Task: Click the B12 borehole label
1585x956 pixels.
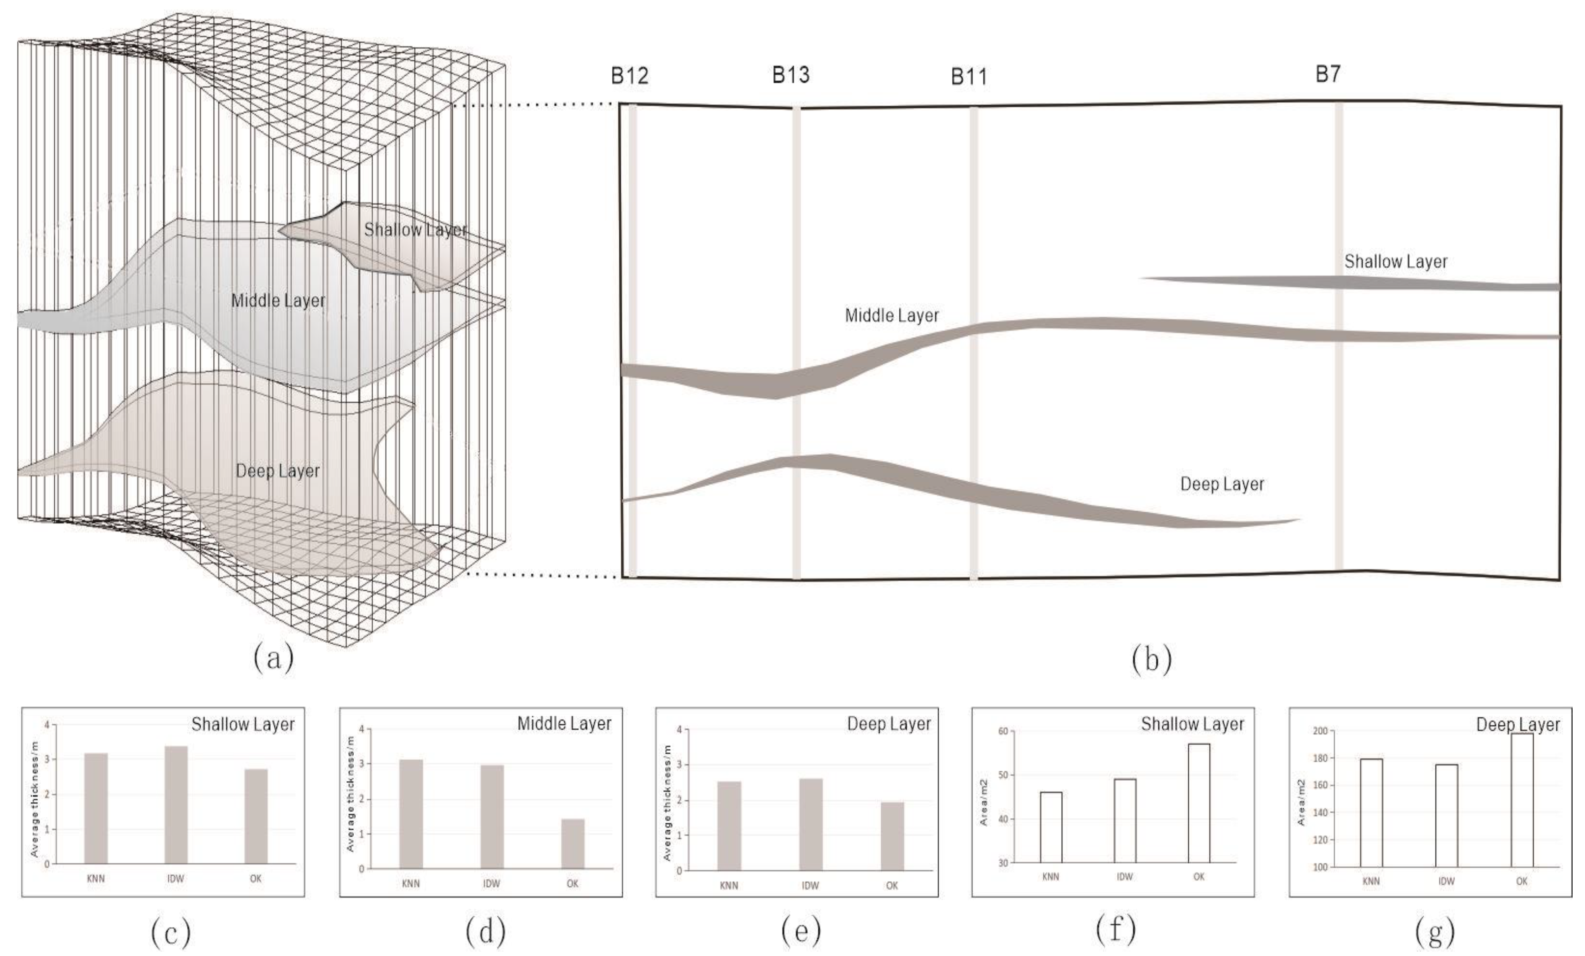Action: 630,76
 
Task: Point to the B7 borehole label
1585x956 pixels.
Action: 1328,74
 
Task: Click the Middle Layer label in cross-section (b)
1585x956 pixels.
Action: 892,316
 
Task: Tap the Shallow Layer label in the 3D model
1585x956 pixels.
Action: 415,230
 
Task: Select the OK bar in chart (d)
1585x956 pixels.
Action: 572,844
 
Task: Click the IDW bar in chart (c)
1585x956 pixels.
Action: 176,804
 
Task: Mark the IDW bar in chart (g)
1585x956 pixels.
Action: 1446,815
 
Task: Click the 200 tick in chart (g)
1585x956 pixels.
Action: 1320,731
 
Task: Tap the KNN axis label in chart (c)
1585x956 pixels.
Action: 96,879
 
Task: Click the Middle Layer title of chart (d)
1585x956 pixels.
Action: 564,724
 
